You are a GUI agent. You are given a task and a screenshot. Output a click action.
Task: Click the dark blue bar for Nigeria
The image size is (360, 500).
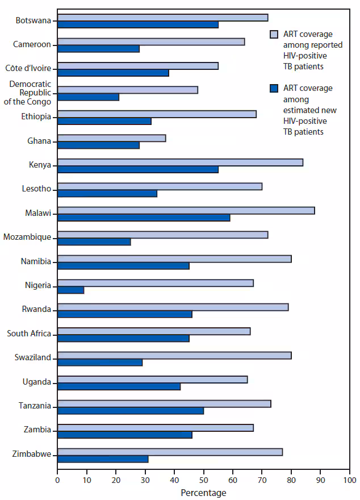click(x=71, y=290)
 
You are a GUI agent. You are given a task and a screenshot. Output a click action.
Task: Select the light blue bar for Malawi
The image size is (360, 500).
click(x=186, y=210)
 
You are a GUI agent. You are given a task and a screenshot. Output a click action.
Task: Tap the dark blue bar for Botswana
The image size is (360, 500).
click(x=138, y=25)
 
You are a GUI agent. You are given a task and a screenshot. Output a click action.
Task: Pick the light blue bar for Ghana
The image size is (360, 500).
click(x=111, y=138)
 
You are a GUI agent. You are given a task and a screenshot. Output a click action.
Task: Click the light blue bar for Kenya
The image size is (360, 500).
click(x=180, y=163)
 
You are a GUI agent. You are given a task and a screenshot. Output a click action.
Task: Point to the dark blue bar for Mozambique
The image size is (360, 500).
click(x=94, y=242)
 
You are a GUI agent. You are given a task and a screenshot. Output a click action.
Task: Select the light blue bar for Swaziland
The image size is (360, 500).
click(x=174, y=355)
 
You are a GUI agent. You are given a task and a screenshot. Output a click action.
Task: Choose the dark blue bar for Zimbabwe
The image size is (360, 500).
click(x=103, y=459)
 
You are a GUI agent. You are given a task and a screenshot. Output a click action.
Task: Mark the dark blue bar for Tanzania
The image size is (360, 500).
click(x=131, y=411)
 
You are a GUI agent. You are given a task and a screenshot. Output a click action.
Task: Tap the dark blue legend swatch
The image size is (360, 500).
click(x=273, y=89)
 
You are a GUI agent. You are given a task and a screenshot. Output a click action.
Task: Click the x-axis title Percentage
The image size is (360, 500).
click(x=203, y=493)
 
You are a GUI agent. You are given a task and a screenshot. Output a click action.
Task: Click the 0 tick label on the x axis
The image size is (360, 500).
click(x=57, y=480)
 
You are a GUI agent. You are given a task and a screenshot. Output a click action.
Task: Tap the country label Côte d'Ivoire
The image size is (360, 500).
click(x=28, y=69)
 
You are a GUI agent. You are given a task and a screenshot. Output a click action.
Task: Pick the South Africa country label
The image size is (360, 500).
click(x=29, y=334)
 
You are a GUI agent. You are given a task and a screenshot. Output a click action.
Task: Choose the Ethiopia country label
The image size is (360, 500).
click(x=36, y=117)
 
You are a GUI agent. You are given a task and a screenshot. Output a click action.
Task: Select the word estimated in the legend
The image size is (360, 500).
click(x=300, y=110)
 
